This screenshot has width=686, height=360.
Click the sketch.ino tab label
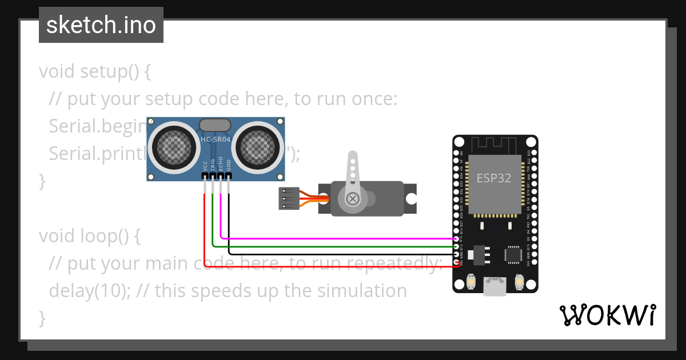click(x=101, y=25)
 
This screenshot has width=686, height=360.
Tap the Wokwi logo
click(x=607, y=315)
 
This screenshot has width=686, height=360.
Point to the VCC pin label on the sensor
click(x=205, y=166)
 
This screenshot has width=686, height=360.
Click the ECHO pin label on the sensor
click(x=221, y=165)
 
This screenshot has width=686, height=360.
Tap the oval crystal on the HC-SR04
click(x=214, y=125)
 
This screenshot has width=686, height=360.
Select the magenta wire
click(x=337, y=238)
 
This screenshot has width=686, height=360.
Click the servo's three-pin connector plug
click(x=289, y=198)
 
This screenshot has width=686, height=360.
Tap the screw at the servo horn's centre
click(x=353, y=199)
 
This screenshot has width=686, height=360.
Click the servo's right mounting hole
click(x=410, y=198)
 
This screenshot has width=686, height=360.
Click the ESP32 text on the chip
click(x=494, y=178)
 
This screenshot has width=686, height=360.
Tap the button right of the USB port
click(x=519, y=282)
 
